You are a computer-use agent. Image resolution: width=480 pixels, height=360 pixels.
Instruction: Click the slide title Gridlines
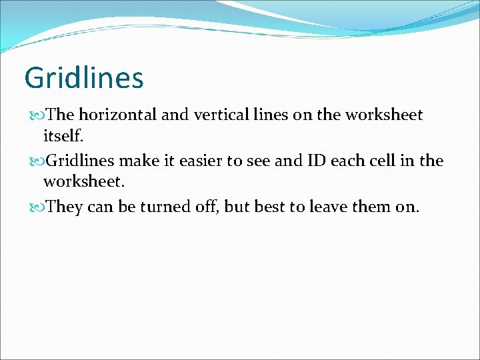tap(83, 78)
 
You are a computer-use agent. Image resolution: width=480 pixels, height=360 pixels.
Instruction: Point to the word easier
tap(209, 161)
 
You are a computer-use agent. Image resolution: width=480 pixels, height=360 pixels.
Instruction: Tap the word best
tap(271, 207)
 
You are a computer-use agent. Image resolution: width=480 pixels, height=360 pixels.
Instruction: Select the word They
tap(65, 207)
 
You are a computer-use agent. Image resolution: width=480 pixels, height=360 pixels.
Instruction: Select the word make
tap(135, 161)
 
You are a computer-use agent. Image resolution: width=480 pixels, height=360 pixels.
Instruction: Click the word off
tap(206, 207)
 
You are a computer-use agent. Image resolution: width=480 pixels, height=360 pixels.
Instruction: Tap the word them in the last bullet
tap(371, 207)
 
